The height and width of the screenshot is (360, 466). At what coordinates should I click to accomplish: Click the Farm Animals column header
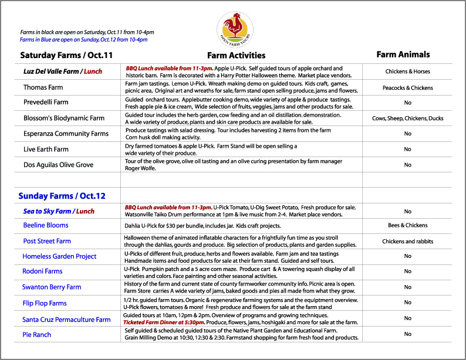pos(403,55)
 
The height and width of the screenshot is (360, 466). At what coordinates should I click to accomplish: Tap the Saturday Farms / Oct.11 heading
pos(66,56)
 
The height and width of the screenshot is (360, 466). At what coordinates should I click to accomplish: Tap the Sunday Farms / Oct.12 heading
pos(62,196)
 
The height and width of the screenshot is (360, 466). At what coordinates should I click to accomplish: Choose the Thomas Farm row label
pos(43,87)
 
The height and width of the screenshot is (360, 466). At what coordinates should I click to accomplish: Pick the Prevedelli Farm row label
pos(46,103)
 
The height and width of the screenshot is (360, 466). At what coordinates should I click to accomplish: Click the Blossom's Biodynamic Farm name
pos(64,118)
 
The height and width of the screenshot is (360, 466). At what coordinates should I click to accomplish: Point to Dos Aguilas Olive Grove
pos(58,165)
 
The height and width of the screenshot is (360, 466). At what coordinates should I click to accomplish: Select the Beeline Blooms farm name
pos(46,225)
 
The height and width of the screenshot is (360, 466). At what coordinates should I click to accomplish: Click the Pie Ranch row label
pos(37,335)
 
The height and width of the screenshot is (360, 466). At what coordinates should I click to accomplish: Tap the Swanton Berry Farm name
pos(52,287)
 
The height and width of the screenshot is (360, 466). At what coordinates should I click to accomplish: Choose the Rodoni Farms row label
pos(42,271)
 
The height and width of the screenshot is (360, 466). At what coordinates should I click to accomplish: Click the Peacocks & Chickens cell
pos(407,88)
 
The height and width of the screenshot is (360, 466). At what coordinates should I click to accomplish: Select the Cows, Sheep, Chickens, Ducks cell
pos(407,118)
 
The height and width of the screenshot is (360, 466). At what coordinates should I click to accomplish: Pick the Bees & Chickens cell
pos(407,225)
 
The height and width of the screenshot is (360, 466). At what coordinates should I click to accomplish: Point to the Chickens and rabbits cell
pos(407,241)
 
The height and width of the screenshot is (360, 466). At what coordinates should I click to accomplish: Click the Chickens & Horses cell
pos(407,72)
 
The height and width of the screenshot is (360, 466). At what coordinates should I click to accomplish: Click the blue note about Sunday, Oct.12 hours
pos(83,40)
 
